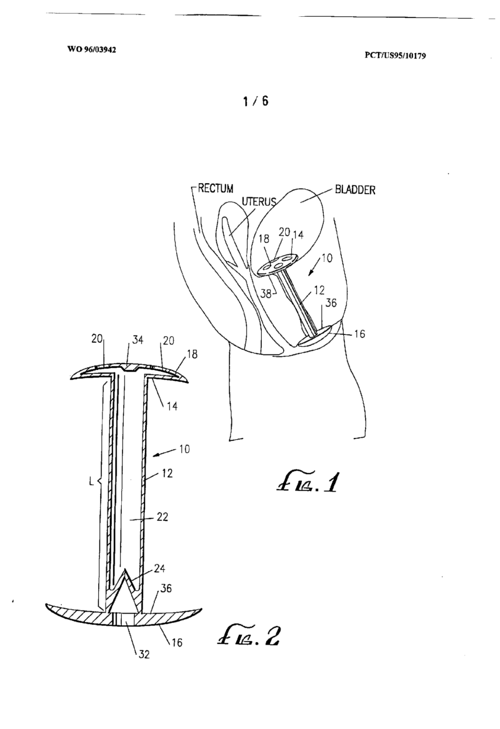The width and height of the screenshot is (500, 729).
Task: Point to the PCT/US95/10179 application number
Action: pyautogui.click(x=395, y=55)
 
